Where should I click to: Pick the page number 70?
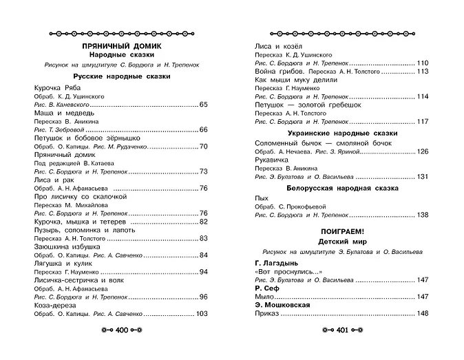[x=203, y=146]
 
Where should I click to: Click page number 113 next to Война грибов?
[x=423, y=71]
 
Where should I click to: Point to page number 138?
[x=423, y=215]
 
